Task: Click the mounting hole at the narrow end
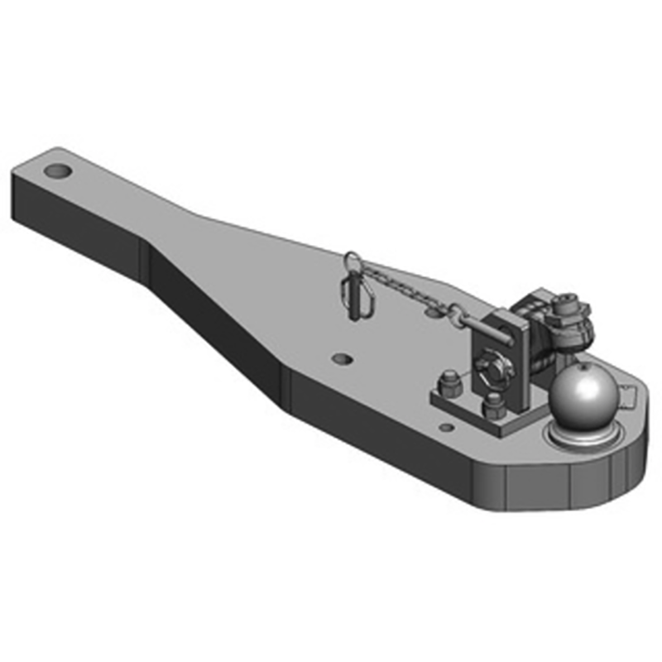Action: click(58, 170)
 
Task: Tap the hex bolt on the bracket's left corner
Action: click(451, 383)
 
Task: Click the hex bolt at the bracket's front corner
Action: click(495, 405)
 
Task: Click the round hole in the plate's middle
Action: click(341, 358)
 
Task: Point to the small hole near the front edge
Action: click(447, 428)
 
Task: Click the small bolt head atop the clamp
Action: click(567, 299)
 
